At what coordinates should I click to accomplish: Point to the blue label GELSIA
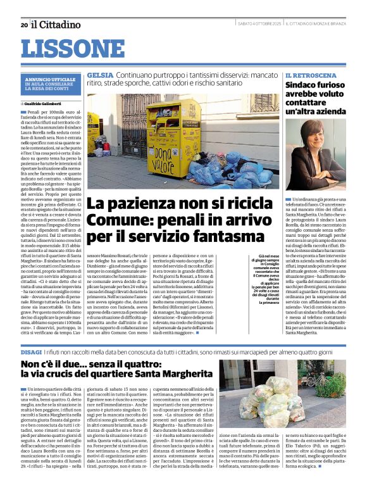[100, 75]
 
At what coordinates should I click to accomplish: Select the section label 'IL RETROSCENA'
[309, 75]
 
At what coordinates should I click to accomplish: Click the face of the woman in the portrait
[316, 136]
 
